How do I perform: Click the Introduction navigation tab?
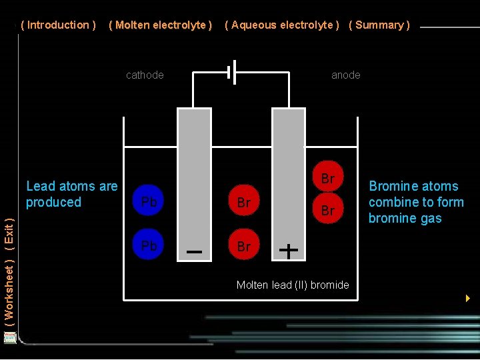(x=59, y=25)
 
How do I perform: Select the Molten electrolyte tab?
(x=160, y=25)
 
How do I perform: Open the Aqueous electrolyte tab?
(x=282, y=25)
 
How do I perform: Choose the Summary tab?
(x=379, y=25)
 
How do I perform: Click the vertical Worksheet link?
(x=9, y=297)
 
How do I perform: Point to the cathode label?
(x=145, y=75)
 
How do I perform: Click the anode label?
(x=346, y=75)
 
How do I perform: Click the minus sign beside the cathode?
(x=195, y=252)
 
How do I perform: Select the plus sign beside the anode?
(x=289, y=251)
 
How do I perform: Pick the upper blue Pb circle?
(x=149, y=201)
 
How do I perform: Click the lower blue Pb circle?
(x=149, y=246)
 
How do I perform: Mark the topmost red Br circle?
(x=327, y=178)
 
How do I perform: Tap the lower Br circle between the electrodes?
(x=244, y=246)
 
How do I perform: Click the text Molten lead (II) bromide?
(x=293, y=285)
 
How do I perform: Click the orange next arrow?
(x=468, y=298)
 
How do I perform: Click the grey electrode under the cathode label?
(x=194, y=173)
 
